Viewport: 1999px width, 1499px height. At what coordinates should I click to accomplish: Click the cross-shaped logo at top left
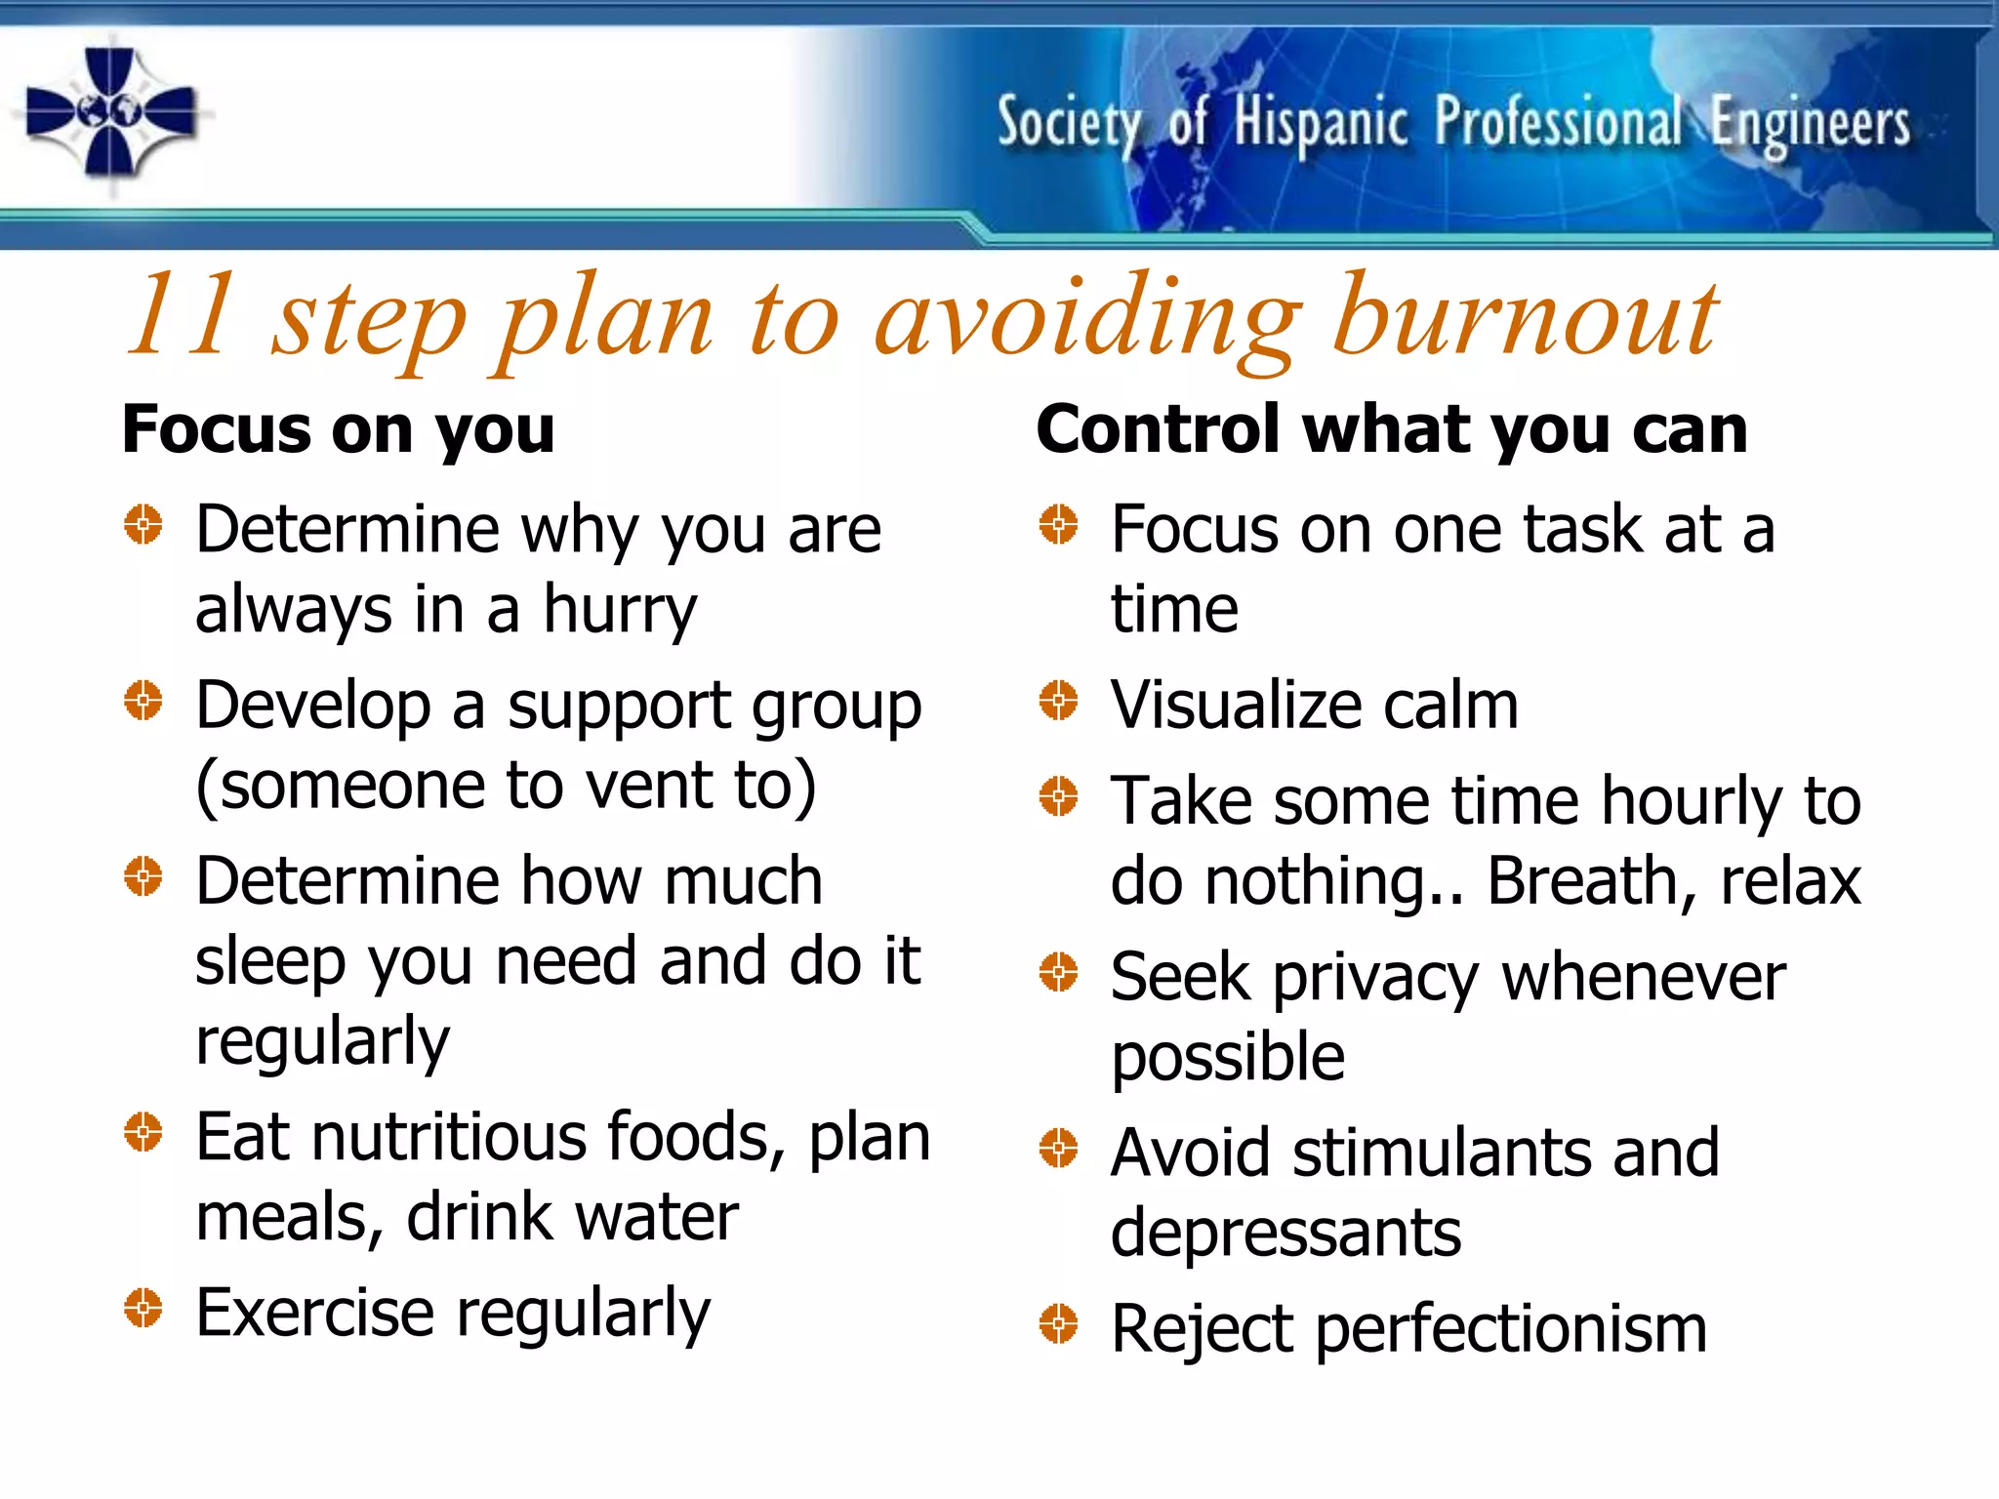tap(109, 112)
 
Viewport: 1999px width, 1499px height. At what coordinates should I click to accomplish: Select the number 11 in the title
tap(183, 314)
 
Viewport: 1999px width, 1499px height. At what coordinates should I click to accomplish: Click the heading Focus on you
tap(338, 429)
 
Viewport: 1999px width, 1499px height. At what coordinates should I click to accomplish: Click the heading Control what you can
tap(1391, 429)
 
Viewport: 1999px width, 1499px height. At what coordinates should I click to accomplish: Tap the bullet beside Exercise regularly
tap(143, 1308)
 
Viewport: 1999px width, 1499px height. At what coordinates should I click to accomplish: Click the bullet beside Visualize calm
tap(1058, 700)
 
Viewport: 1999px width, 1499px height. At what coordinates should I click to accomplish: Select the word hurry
tap(620, 610)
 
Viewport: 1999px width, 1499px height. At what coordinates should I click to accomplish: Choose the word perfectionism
tap(1511, 1329)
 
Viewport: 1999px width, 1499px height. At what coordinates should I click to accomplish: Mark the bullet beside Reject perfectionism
tap(1058, 1323)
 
